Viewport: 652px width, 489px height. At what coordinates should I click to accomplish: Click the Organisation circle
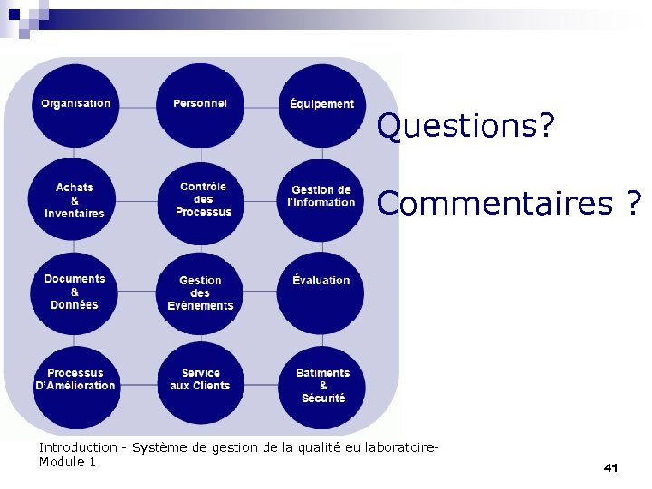(76, 104)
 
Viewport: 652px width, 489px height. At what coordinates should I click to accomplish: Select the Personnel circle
(200, 104)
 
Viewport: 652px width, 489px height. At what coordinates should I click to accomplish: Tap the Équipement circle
(321, 104)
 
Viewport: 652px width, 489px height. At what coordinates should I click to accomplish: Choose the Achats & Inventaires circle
(75, 200)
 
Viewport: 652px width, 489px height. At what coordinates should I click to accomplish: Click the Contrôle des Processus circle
(203, 200)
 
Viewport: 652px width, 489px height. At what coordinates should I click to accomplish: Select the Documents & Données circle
(75, 292)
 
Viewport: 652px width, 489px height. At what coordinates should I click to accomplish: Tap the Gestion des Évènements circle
(200, 293)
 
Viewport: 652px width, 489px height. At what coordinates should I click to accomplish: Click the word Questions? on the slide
(465, 127)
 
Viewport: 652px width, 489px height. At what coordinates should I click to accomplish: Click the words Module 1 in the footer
(67, 463)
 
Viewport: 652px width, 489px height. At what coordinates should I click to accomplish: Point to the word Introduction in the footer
(77, 447)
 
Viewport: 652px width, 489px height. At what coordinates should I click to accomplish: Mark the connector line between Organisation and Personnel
(138, 107)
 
